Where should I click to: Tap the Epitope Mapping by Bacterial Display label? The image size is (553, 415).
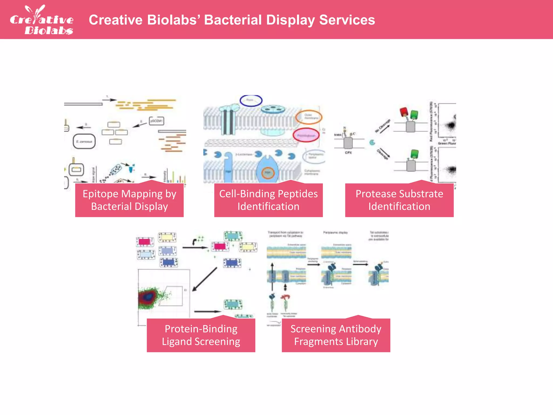pyautogui.click(x=129, y=200)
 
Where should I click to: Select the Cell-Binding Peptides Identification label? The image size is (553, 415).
pyautogui.click(x=268, y=200)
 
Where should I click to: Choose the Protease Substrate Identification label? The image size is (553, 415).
pyautogui.click(x=399, y=200)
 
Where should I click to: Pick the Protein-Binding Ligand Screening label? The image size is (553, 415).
pyautogui.click(x=201, y=335)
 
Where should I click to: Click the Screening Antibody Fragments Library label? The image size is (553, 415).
pyautogui.click(x=336, y=335)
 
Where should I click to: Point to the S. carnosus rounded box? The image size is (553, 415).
pyautogui.click(x=84, y=141)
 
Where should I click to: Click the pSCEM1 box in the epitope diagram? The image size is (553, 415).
pyautogui.click(x=156, y=121)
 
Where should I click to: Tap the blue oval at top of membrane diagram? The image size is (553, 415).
pyautogui.click(x=251, y=100)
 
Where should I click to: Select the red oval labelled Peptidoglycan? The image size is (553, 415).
pyautogui.click(x=306, y=135)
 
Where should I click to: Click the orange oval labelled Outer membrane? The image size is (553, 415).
pyautogui.click(x=309, y=117)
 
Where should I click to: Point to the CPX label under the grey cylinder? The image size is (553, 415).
pyautogui.click(x=348, y=153)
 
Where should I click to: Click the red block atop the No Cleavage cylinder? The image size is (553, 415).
pyautogui.click(x=404, y=112)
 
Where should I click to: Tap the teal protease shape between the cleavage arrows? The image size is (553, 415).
pyautogui.click(x=372, y=142)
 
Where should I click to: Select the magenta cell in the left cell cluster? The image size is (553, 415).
pyautogui.click(x=145, y=242)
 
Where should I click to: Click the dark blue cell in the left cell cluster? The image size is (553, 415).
pyautogui.click(x=169, y=262)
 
